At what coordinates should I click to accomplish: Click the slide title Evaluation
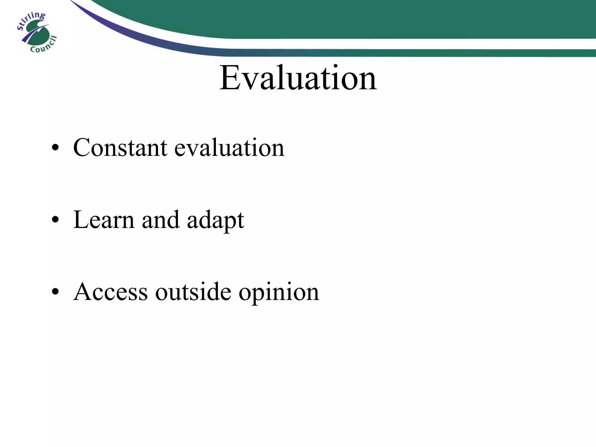[x=298, y=78]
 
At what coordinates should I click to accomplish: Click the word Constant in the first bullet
[x=120, y=148]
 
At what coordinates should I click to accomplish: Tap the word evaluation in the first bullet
[x=229, y=148]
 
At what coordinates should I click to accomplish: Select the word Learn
[x=104, y=220]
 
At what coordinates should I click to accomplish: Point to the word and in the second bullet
[x=160, y=220]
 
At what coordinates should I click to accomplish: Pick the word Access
[x=111, y=292]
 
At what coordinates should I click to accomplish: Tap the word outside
[x=193, y=292]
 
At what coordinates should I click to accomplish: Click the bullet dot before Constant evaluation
[x=55, y=149]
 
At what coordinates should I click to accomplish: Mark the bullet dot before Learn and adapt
[x=55, y=221]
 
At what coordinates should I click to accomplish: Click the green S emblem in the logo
[x=37, y=33]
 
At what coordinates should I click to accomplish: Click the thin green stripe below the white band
[x=437, y=53]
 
